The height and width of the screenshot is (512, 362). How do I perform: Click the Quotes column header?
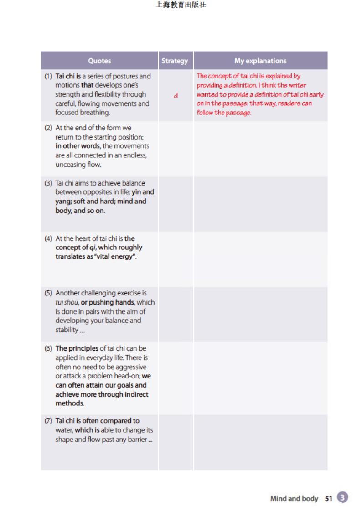click(x=99, y=61)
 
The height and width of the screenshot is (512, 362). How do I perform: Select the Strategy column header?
click(x=175, y=61)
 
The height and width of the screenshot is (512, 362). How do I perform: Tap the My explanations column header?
click(x=260, y=61)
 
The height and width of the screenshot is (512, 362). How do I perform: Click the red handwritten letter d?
click(x=176, y=95)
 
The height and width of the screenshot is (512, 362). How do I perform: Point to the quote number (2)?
click(x=48, y=128)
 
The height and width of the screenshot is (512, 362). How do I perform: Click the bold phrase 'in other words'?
click(x=77, y=146)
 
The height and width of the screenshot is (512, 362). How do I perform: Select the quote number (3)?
click(x=48, y=183)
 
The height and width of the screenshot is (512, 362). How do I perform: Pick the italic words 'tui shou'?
click(x=67, y=302)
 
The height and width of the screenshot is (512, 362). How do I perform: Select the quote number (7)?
click(x=48, y=421)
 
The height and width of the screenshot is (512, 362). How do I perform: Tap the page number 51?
click(x=329, y=498)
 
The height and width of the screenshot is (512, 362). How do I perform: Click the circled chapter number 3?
click(x=343, y=497)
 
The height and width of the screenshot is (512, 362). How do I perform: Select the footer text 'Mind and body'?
click(x=294, y=498)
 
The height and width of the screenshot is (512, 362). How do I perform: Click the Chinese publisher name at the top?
click(x=181, y=5)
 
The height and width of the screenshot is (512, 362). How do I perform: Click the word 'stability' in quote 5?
click(x=67, y=330)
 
